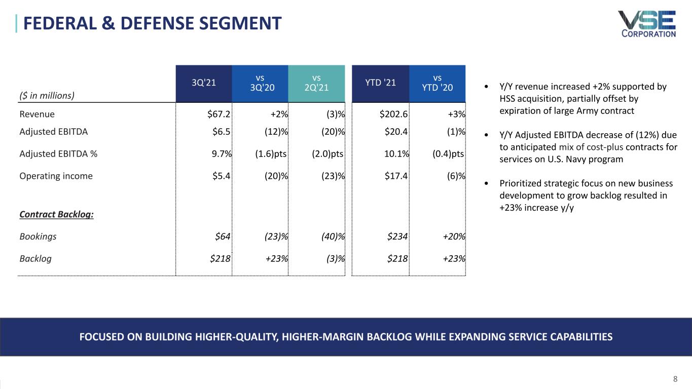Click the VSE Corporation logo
[646, 24]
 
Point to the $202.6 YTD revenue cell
[394, 114]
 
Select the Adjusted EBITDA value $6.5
[222, 132]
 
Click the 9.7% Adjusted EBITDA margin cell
[220, 154]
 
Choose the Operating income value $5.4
[222, 176]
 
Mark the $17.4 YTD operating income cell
[396, 176]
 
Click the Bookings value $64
[223, 236]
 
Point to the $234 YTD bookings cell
[397, 236]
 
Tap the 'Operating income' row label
[56, 176]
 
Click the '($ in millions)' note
[47, 95]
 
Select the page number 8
[675, 379]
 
